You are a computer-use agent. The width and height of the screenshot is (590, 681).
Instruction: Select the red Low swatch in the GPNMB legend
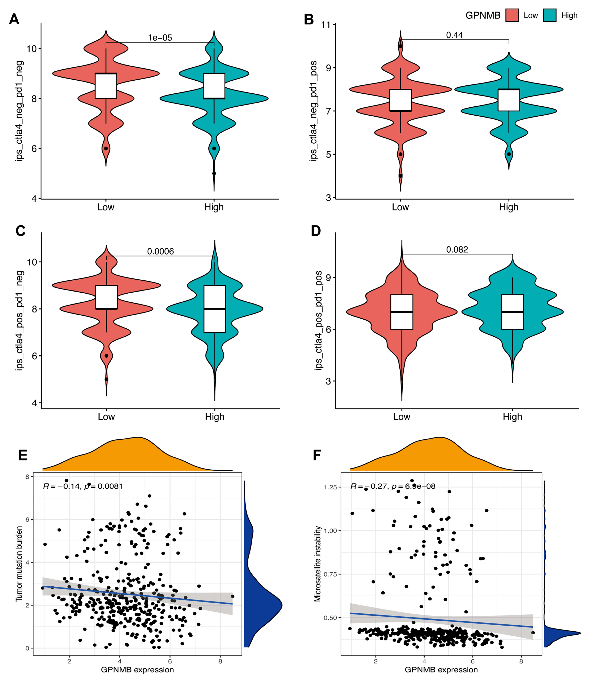[x=512, y=16]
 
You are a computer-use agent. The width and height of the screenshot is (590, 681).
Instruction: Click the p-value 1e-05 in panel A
[x=160, y=38]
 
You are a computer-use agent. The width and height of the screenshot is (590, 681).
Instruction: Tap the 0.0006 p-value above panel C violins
[x=160, y=252]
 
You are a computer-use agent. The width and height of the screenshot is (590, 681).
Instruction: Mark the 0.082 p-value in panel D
[x=457, y=250]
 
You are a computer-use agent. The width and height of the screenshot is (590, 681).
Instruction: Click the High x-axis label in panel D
[x=512, y=417]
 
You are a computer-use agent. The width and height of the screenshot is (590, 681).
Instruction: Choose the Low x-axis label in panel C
[x=106, y=417]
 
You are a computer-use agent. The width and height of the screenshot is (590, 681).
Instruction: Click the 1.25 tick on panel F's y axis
[x=330, y=487]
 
